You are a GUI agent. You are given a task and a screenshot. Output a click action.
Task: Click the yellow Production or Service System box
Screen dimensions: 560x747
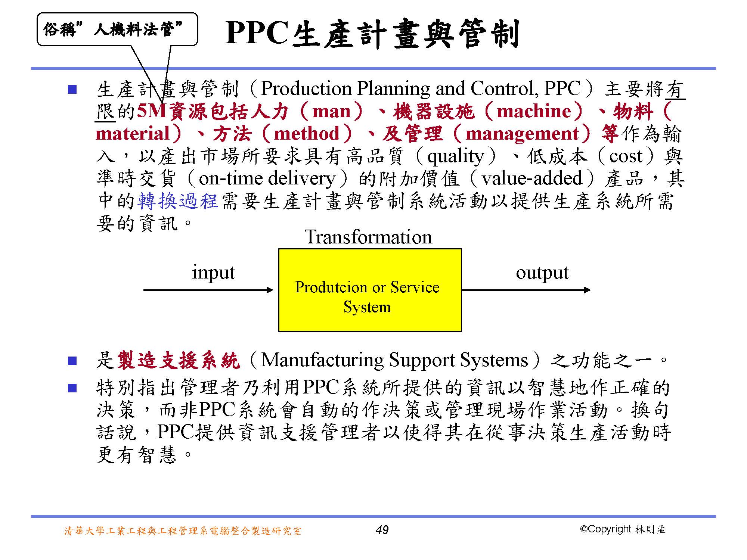370,290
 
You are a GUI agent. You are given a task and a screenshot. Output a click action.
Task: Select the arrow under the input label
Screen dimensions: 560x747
208,290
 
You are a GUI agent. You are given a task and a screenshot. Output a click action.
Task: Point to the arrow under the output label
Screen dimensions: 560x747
526,290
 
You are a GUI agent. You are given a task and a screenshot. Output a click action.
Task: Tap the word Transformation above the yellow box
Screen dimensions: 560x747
368,237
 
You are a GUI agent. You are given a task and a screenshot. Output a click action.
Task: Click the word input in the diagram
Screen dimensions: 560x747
213,273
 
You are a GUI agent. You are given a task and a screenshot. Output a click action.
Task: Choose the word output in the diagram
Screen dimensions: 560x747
542,273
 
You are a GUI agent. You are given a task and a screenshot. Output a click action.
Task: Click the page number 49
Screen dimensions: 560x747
382,530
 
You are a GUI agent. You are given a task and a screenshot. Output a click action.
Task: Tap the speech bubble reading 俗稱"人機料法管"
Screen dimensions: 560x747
117,29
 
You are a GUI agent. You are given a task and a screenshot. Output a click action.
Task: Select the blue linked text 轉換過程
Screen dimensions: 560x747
178,201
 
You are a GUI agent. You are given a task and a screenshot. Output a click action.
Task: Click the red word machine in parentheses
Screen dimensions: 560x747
534,111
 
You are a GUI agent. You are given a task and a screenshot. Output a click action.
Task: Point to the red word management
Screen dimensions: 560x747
522,134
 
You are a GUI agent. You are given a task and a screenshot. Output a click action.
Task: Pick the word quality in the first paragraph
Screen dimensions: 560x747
455,156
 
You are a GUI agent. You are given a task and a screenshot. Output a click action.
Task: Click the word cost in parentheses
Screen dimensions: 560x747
626,156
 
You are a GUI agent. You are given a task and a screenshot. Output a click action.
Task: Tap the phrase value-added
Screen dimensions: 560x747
532,178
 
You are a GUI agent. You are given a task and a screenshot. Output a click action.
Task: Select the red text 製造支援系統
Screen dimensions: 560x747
178,360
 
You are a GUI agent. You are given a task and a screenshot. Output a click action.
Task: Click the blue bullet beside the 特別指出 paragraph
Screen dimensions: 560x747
72,388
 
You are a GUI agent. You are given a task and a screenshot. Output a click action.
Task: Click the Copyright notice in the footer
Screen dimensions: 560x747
623,529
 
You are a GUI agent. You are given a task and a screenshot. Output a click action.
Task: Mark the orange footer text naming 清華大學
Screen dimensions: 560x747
183,531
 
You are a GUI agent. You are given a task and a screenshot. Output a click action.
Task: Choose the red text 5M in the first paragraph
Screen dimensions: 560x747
151,111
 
